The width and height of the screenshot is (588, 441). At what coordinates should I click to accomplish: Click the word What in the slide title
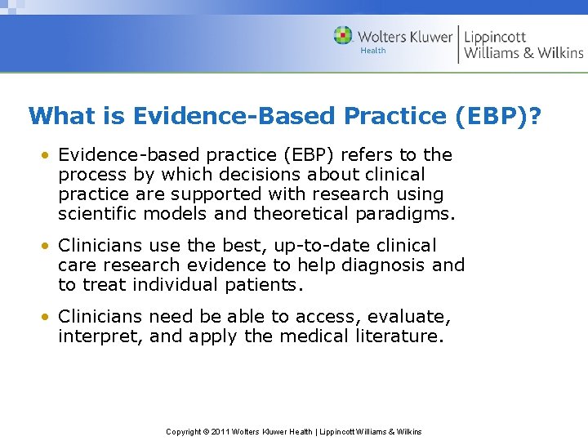point(61,116)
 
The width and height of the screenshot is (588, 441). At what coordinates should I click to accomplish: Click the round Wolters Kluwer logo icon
point(344,36)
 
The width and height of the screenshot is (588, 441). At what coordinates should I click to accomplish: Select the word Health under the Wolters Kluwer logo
point(373,51)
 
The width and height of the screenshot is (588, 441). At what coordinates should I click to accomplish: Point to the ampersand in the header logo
point(528,53)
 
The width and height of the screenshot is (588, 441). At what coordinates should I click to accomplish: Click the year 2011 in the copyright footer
point(220,431)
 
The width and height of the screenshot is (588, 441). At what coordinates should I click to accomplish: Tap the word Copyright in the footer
point(184,431)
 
